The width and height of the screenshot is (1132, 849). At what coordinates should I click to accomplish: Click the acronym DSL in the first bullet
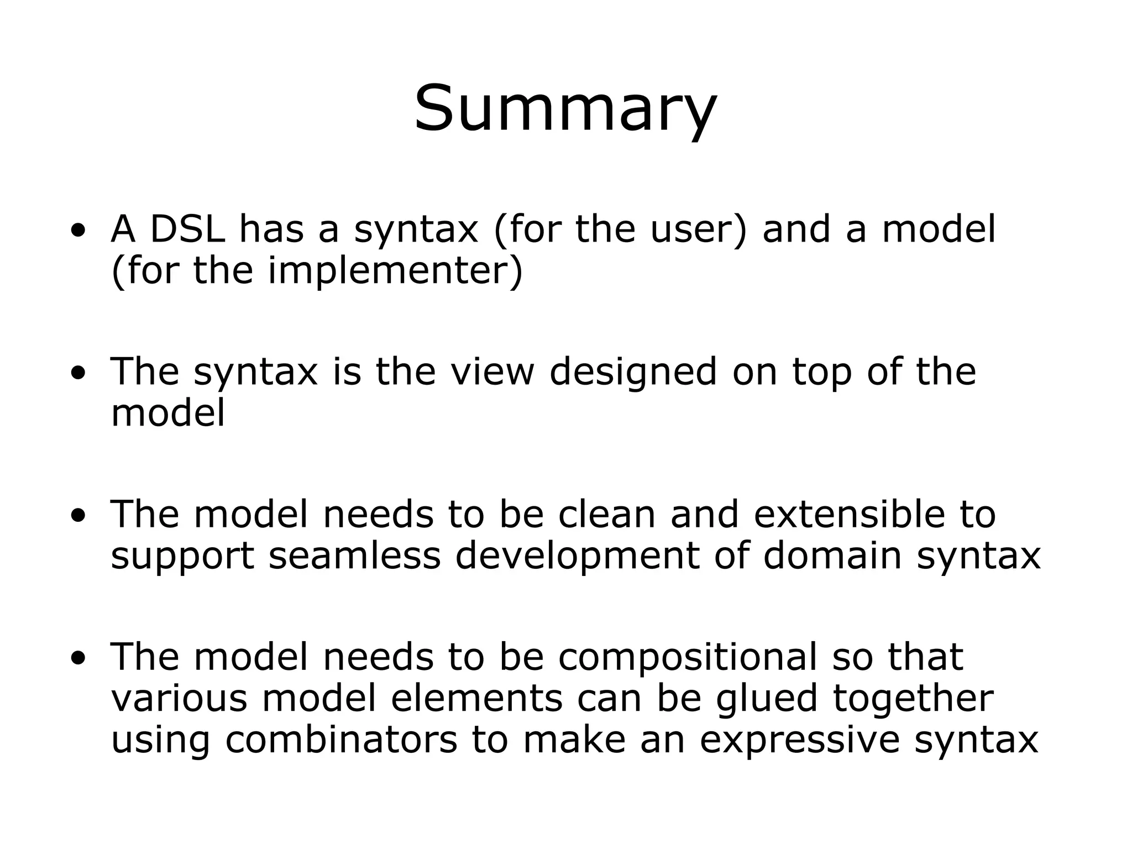coord(187,229)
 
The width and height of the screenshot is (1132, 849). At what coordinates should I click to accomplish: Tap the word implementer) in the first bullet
coord(395,270)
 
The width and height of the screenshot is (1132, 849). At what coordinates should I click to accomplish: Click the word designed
coord(633,371)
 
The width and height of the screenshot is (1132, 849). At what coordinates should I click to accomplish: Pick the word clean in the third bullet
coord(606,514)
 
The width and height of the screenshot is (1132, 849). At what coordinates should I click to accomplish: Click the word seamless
coord(354,555)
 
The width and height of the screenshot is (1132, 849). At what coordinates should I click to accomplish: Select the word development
coord(577,555)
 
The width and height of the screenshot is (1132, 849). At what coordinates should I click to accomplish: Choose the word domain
coord(832,555)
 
